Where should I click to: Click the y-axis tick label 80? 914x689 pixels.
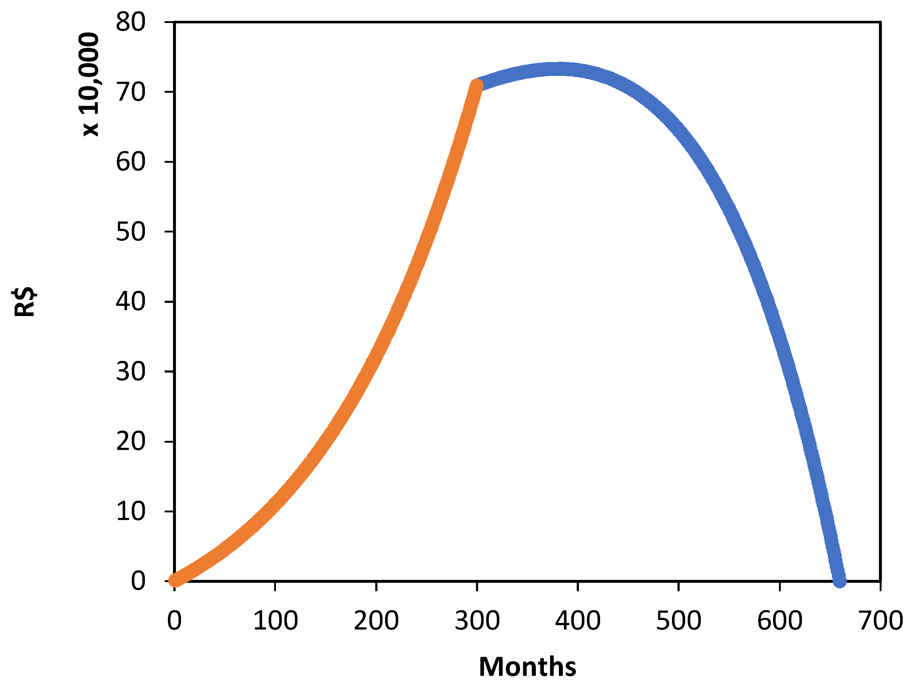[131, 22]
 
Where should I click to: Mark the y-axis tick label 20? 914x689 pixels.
[131, 441]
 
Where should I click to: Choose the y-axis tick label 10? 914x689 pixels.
[131, 511]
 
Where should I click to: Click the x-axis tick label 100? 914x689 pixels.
[275, 620]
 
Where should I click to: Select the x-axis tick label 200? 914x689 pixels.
[376, 620]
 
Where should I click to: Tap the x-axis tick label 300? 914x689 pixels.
[477, 620]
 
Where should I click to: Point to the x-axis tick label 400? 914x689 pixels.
[578, 620]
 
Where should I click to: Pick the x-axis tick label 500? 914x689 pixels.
[679, 620]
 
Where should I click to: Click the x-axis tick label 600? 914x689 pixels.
[780, 620]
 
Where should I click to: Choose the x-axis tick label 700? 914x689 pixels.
[880, 620]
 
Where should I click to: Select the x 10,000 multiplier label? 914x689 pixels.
[89, 84]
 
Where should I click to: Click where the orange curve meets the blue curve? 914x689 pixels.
[477, 85]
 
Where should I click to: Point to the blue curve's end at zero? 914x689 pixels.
[840, 581]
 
